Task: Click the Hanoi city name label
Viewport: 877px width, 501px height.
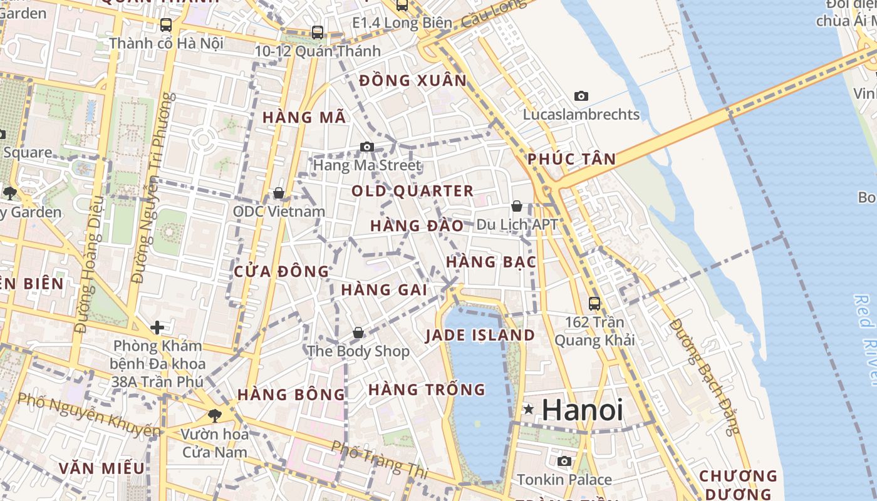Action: (582, 410)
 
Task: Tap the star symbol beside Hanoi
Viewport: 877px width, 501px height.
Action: (529, 410)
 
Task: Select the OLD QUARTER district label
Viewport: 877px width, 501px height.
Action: (412, 191)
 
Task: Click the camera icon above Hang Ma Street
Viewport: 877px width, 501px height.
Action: (367, 147)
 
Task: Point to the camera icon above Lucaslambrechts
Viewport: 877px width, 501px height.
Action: (581, 96)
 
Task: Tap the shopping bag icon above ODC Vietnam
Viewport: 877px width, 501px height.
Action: (279, 192)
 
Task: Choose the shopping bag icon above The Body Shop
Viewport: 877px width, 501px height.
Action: (358, 333)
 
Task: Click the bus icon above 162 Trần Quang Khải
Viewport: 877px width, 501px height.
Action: (594, 304)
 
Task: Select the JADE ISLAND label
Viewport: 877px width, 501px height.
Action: (480, 335)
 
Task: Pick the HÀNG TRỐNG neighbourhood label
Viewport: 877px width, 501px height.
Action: (427, 390)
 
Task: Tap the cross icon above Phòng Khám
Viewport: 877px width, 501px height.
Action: (157, 327)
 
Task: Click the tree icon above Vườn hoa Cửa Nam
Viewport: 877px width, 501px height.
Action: (214, 415)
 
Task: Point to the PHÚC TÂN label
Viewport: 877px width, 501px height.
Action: (571, 159)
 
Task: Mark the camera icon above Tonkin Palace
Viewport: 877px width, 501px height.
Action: (564, 462)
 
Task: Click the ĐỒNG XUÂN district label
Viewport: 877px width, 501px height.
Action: (413, 80)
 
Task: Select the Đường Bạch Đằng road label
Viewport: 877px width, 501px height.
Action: (704, 376)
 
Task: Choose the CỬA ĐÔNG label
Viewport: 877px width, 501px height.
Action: (281, 272)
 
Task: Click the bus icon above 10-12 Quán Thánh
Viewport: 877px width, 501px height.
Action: (318, 33)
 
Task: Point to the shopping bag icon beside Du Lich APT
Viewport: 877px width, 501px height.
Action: (517, 205)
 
